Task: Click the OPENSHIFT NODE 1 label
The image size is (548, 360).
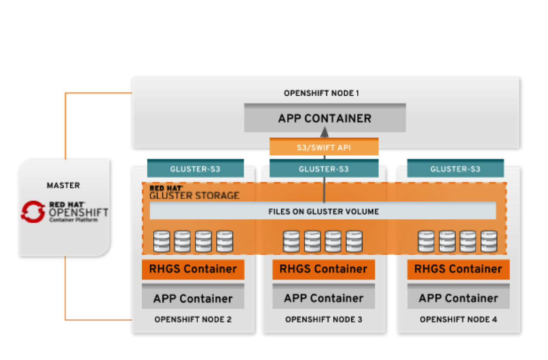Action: click(x=321, y=93)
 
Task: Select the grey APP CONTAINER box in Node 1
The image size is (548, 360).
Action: click(x=324, y=118)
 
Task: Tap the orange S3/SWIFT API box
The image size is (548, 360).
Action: click(x=324, y=147)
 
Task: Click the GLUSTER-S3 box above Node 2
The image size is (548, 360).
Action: click(x=195, y=169)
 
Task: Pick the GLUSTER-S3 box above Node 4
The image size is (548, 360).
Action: click(x=455, y=169)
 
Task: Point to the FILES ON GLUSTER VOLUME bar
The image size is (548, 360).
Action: click(x=323, y=211)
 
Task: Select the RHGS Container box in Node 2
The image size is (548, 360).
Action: click(x=193, y=269)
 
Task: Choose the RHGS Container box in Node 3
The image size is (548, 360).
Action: click(x=324, y=269)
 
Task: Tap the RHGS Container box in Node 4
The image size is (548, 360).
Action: click(x=458, y=269)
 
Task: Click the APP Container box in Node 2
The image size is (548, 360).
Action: click(x=193, y=298)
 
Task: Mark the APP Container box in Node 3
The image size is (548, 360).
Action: click(x=324, y=298)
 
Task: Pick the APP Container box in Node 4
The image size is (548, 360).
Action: click(x=458, y=298)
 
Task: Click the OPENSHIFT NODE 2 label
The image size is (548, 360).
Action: click(x=193, y=320)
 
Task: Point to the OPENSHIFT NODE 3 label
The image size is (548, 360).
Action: click(x=324, y=320)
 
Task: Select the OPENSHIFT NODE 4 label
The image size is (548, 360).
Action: click(x=458, y=320)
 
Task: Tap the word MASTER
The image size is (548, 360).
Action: click(x=63, y=185)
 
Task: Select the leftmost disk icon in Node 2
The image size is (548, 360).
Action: click(x=161, y=241)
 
